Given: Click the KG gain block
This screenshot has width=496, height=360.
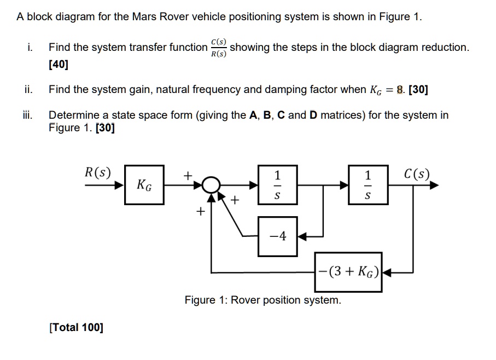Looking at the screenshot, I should [144, 184].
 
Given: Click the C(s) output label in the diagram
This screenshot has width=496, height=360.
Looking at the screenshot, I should [417, 175].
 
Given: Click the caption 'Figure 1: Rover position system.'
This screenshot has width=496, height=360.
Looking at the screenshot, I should [262, 300].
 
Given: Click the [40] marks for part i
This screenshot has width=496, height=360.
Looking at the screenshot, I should [59, 65].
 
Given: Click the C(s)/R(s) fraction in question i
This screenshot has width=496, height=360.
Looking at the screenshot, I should [218, 48].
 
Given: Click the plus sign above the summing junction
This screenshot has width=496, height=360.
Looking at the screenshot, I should [188, 175].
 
